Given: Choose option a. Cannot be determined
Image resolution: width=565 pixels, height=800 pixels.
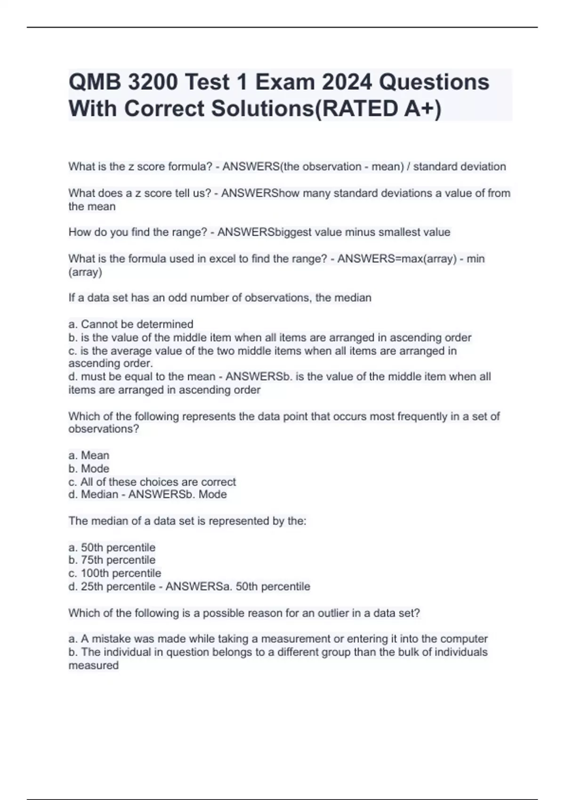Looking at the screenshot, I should tap(131, 324).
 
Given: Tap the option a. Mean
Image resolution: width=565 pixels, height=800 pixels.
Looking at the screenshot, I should tap(89, 456).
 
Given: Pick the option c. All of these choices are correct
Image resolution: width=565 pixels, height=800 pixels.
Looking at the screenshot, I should tap(152, 482).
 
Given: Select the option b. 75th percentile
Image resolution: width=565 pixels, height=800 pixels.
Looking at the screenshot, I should tap(112, 560).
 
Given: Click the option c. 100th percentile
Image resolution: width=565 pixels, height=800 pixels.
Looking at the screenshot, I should tap(115, 573).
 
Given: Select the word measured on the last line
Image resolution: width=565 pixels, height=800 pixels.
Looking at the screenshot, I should tap(93, 665).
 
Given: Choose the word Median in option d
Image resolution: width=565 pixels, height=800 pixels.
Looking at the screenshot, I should tap(99, 494).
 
